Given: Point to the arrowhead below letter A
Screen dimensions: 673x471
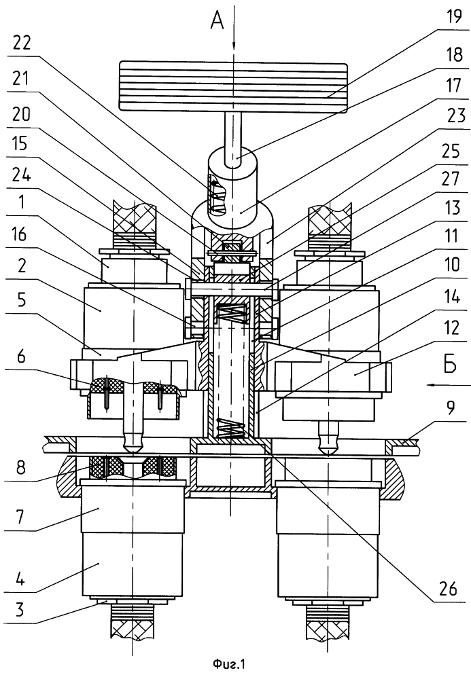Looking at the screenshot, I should (233, 46).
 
